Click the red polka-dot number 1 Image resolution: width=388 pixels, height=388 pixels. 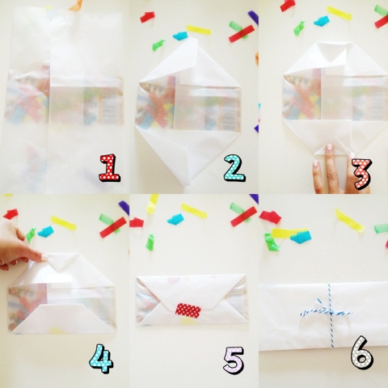pos(110,167)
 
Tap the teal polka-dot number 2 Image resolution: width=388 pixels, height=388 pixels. pos(234,167)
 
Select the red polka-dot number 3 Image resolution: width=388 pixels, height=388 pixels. pos(362,174)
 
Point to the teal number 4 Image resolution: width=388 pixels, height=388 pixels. pos(101,358)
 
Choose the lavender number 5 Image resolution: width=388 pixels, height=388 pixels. pos(234,360)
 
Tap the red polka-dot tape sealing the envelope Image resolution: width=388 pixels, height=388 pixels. pos(188,310)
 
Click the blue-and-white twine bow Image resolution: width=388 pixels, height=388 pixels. pos(327,313)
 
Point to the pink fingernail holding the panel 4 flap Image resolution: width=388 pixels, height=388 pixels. pos(44,257)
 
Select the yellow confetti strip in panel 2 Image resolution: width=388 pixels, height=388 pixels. pos(199,30)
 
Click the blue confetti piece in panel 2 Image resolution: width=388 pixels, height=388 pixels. pos(180,36)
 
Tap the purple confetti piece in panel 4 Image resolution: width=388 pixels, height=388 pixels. pos(124,208)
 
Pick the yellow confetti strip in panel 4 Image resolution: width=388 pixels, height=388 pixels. pos(63,222)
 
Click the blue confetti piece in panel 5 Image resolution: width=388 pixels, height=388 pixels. pos(175,219)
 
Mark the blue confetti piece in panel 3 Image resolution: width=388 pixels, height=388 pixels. pos(322,21)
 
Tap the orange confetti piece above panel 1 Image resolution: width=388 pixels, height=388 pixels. pos(76,6)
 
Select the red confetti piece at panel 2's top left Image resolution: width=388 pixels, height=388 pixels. pos(147,17)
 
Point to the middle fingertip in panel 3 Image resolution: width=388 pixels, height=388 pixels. pos(329,148)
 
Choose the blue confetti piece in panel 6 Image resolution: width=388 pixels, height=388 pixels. pos(301,238)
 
